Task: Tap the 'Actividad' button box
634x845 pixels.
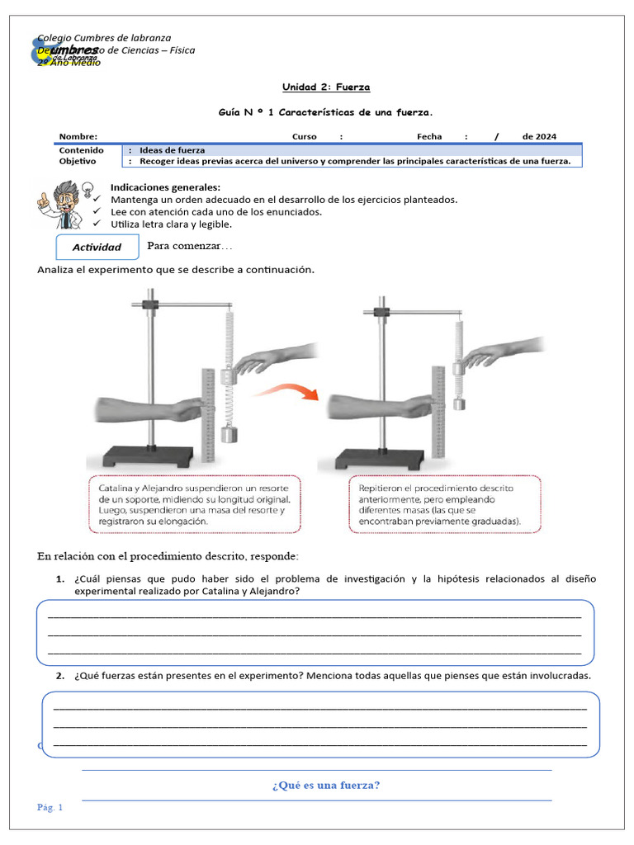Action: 97,247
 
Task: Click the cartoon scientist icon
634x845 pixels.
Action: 61,203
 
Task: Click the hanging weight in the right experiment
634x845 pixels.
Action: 459,404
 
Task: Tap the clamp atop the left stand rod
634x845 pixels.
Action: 150,304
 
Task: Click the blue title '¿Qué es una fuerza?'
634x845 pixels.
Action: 326,785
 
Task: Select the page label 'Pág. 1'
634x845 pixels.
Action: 50,807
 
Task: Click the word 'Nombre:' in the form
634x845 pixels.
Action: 78,137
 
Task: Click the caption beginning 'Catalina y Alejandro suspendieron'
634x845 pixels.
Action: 193,504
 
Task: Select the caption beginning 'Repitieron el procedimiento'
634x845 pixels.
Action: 445,504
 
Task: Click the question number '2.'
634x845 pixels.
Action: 60,675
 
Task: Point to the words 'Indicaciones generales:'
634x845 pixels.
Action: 165,187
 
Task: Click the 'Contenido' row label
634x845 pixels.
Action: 81,150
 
